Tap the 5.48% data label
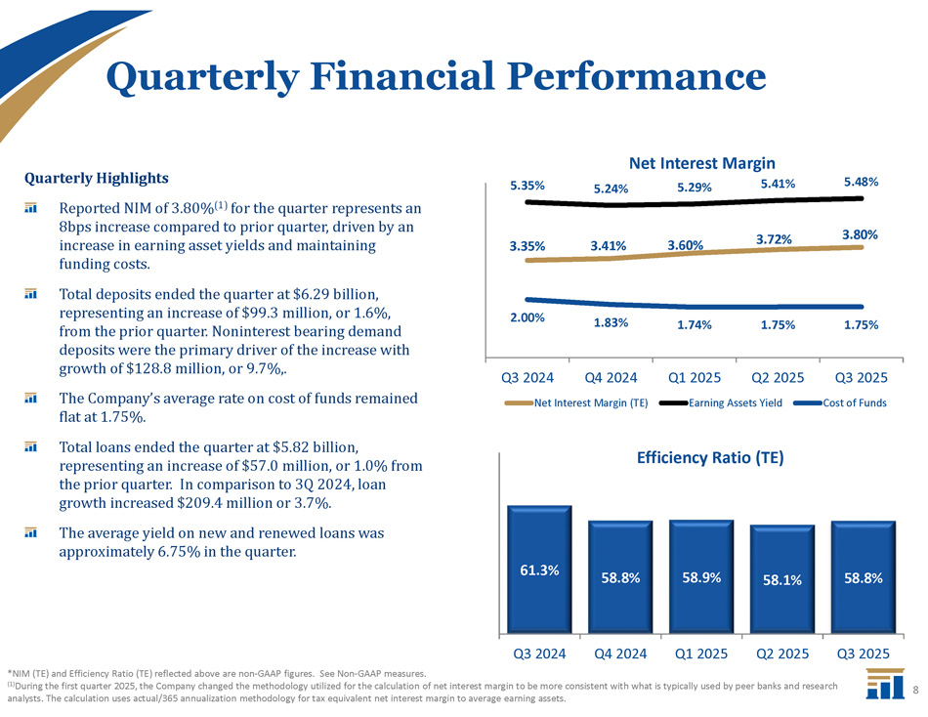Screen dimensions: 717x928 click(862, 182)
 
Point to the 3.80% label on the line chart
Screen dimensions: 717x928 click(862, 234)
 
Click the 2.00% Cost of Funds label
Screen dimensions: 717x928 click(527, 317)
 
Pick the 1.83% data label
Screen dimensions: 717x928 click(610, 322)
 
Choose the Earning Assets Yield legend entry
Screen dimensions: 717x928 click(735, 402)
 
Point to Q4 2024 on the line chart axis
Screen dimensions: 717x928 click(611, 377)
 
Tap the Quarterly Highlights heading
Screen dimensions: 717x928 click(97, 179)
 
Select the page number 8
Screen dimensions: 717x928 click(916, 690)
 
